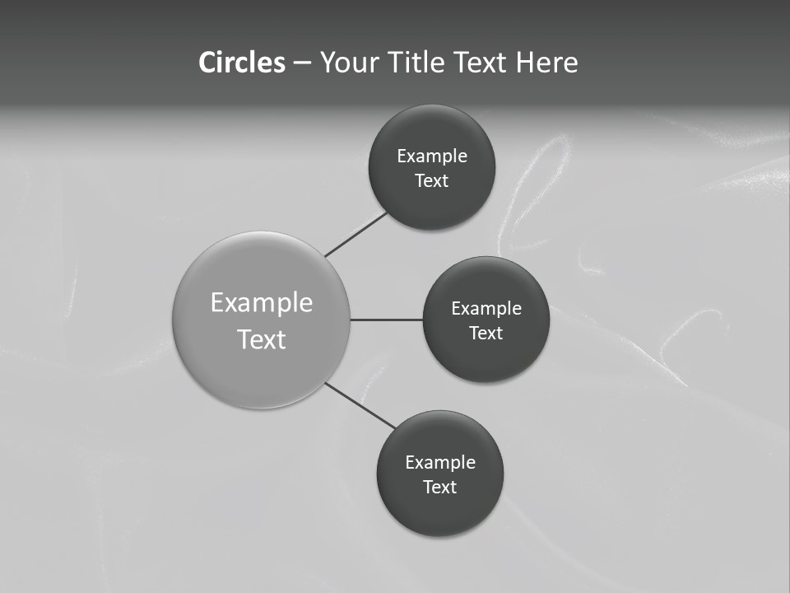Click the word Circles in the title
pyautogui.click(x=241, y=63)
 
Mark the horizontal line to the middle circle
pyautogui.click(x=386, y=320)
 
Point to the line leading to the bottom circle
pyautogui.click(x=360, y=406)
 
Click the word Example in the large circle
pyautogui.click(x=262, y=302)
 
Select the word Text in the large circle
pyautogui.click(x=262, y=339)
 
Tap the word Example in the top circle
pyautogui.click(x=432, y=156)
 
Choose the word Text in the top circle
pyautogui.click(x=432, y=180)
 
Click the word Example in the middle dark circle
pyautogui.click(x=486, y=308)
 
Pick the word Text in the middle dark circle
pyautogui.click(x=486, y=333)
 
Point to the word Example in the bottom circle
pyautogui.click(x=440, y=462)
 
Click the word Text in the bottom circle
pyautogui.click(x=440, y=487)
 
